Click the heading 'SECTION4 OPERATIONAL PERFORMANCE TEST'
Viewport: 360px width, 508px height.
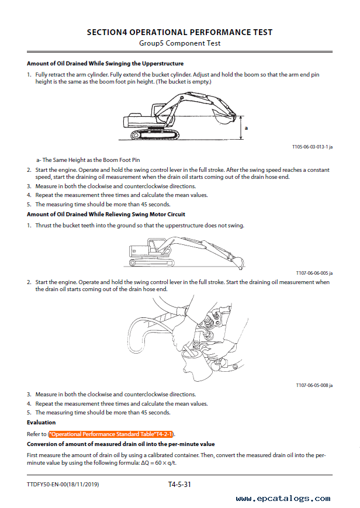(x=179, y=32)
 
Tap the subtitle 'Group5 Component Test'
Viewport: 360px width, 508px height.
(x=179, y=43)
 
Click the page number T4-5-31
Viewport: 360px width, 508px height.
(x=179, y=485)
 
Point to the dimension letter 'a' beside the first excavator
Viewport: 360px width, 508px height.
(x=246, y=128)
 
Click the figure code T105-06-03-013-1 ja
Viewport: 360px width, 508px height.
(x=312, y=147)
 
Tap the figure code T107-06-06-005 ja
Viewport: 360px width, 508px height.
(x=314, y=273)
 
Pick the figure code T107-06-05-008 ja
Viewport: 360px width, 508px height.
(x=314, y=385)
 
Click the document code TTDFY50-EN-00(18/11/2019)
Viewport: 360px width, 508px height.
(x=63, y=485)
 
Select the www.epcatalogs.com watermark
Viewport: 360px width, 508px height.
(x=283, y=498)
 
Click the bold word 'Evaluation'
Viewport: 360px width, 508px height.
(x=41, y=423)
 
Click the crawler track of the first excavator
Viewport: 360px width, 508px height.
(x=155, y=134)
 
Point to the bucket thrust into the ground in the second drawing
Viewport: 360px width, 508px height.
(x=238, y=262)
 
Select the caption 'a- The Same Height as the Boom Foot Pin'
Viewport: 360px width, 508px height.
(x=88, y=160)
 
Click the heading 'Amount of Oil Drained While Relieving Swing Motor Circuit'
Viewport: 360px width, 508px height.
(x=106, y=214)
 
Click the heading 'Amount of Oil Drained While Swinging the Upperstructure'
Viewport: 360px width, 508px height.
(x=105, y=64)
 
